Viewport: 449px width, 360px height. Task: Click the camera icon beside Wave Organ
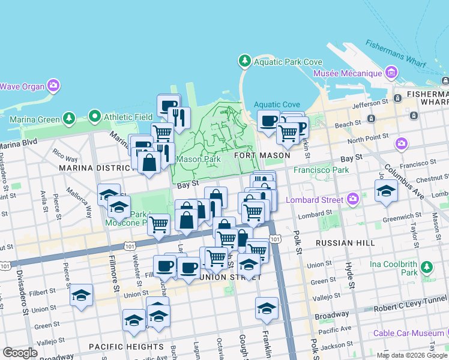[53, 86]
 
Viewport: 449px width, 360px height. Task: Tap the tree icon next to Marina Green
[69, 119]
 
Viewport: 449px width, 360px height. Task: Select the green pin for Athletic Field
[94, 116]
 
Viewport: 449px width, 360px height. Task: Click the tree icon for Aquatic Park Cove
[244, 61]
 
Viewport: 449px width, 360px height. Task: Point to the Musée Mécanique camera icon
[391, 73]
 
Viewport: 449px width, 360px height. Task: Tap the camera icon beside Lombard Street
[352, 199]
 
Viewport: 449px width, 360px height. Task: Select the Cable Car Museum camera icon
[442, 333]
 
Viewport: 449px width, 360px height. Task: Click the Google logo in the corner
[20, 352]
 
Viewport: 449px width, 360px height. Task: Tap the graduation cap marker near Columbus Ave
[385, 191]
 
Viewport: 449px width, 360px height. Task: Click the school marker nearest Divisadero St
[81, 295]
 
